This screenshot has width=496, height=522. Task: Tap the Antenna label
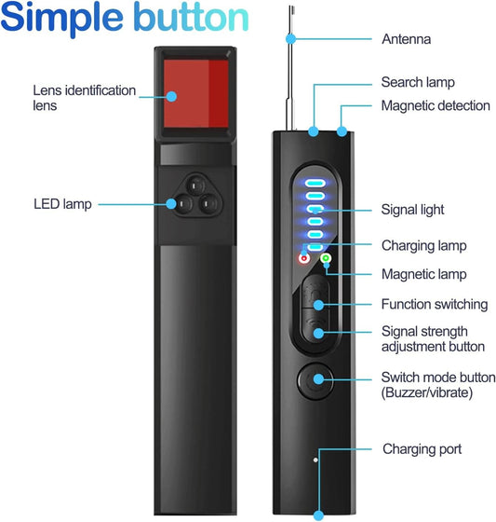pos(407,39)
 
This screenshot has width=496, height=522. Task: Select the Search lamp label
pos(419,83)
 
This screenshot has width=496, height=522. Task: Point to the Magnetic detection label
pos(436,105)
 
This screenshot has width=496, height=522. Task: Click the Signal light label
pos(413,210)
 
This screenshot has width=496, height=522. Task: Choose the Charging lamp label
pos(423,246)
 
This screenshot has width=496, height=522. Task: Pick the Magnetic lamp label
pos(423,274)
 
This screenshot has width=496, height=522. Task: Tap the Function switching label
pos(434,304)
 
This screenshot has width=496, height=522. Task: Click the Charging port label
pos(422,448)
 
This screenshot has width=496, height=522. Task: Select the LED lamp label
pos(62,203)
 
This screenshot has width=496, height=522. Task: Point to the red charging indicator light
pos(302,257)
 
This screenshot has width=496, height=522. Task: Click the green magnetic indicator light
pos(326,257)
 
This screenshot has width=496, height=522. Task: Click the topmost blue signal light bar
pos(314,184)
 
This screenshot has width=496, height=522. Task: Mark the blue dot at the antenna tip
pos(291,39)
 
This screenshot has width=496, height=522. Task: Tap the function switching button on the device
pos(315,302)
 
